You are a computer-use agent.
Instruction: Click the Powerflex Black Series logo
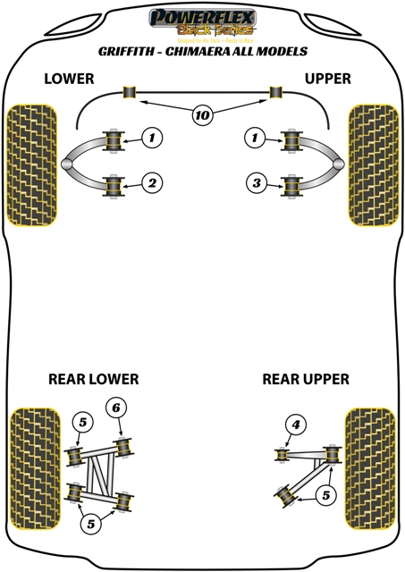pyautogui.click(x=202, y=22)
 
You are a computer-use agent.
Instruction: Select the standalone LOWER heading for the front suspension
pyautogui.click(x=69, y=79)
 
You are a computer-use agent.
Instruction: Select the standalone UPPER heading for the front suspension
pyautogui.click(x=326, y=79)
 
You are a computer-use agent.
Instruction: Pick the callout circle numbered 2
pyautogui.click(x=153, y=184)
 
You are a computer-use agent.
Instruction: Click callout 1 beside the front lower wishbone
pyautogui.click(x=153, y=138)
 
